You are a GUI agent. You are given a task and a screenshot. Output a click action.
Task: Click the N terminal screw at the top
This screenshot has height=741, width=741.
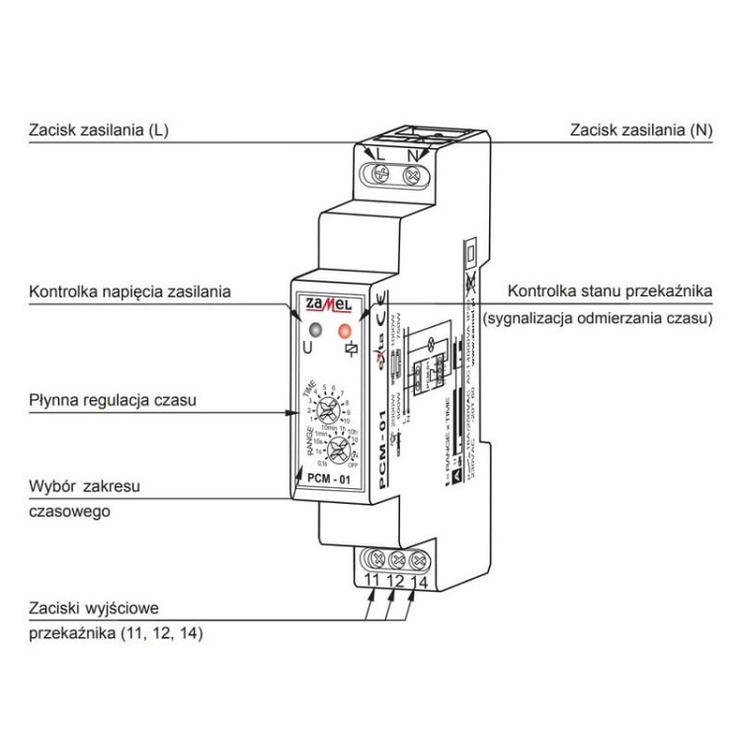[x=408, y=174]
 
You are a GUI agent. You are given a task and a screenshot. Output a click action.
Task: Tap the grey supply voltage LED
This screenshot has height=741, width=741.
[x=313, y=330]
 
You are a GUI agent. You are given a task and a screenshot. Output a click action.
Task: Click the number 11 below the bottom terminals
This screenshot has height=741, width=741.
[x=373, y=580]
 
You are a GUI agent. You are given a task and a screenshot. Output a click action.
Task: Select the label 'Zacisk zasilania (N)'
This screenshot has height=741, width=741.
[x=640, y=130]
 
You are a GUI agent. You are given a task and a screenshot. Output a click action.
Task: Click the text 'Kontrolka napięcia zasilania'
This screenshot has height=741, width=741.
[x=129, y=291]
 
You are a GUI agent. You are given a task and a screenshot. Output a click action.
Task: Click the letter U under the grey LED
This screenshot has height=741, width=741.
[x=307, y=349]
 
